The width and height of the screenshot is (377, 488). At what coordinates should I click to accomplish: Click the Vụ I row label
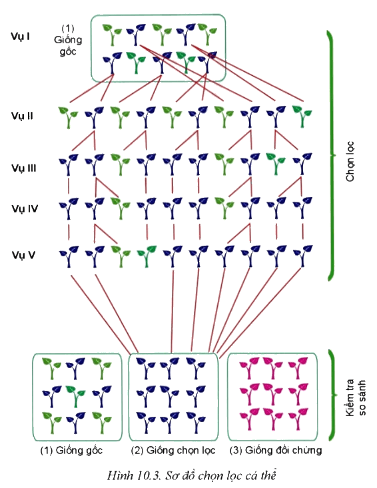(20, 37)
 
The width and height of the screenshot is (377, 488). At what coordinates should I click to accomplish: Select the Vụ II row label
(22, 117)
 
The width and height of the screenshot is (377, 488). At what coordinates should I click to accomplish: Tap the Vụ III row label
(24, 168)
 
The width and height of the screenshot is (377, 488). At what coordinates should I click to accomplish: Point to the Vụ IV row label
(25, 208)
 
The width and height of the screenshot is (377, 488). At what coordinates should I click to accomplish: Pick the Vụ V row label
(23, 255)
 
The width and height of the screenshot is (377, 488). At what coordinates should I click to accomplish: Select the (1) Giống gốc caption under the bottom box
(71, 450)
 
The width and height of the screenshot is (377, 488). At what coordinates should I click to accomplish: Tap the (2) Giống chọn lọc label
(173, 450)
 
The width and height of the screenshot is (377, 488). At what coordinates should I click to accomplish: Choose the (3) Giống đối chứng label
(276, 450)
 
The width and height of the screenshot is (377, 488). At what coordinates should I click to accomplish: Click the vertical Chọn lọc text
(350, 161)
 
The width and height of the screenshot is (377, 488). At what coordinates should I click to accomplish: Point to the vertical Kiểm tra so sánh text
(356, 397)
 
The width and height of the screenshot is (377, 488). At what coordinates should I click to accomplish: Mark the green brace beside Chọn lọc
(331, 155)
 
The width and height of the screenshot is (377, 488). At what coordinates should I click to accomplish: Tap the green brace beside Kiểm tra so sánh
(333, 395)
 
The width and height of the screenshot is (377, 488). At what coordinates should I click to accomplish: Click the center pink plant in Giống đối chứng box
(272, 394)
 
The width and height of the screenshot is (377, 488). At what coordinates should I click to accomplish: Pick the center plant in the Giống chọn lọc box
(170, 396)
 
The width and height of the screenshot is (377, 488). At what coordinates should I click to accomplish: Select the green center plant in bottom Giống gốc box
(75, 397)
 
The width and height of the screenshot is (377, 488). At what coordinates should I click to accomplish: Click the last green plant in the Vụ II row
(302, 117)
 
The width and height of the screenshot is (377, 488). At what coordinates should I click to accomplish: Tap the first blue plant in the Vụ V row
(69, 256)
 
